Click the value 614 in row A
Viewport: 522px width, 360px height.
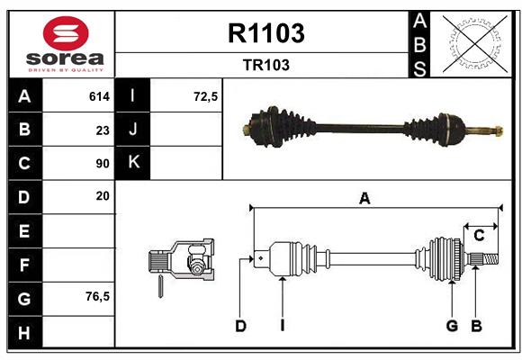pyautogui.click(x=99, y=96)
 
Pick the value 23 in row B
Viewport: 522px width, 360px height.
pyautogui.click(x=102, y=130)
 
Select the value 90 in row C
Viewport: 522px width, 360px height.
pyautogui.click(x=102, y=164)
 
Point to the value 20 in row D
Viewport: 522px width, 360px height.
pyautogui.click(x=102, y=195)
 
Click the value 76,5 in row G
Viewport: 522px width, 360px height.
pyautogui.click(x=97, y=296)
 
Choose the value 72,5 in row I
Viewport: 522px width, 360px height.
pyautogui.click(x=206, y=96)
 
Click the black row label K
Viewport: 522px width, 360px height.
pyautogui.click(x=134, y=163)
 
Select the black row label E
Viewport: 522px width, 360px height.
pyautogui.click(x=24, y=230)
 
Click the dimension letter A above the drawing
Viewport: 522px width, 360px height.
pyautogui.click(x=364, y=199)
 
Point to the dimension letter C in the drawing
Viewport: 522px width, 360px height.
pyautogui.click(x=479, y=236)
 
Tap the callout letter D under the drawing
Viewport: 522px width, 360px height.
pyautogui.click(x=240, y=326)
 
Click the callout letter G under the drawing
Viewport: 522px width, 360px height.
pyautogui.click(x=452, y=326)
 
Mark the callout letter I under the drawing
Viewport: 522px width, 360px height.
pyautogui.click(x=282, y=326)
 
